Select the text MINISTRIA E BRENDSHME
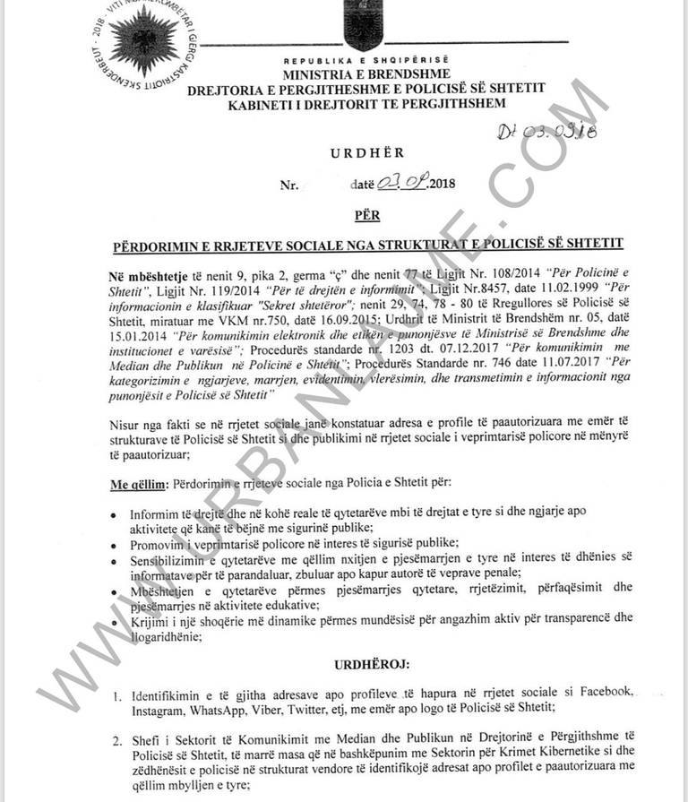(367, 73)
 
